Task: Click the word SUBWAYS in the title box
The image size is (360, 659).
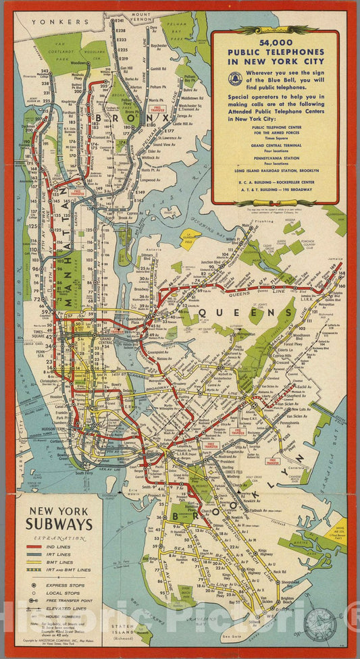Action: [x=59, y=523]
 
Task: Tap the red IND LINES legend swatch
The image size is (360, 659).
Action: [x=32, y=545]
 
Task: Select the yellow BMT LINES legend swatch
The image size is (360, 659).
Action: [x=32, y=562]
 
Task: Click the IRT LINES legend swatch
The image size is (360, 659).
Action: [x=32, y=554]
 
